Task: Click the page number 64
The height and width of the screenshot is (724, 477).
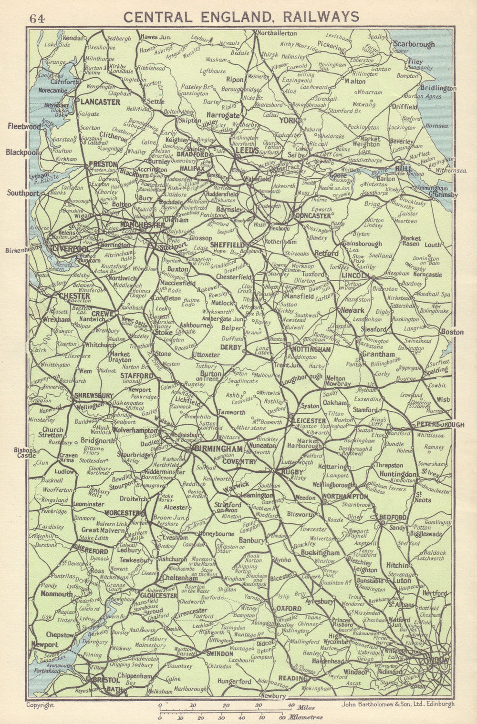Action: point(37,19)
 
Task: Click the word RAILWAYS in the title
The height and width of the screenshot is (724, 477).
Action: point(321,17)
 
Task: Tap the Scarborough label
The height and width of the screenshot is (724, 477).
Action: point(414,44)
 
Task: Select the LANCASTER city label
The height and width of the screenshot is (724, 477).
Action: point(100,102)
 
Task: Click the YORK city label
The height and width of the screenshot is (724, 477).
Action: point(288,121)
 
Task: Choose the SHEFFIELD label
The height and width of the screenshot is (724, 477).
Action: point(227,244)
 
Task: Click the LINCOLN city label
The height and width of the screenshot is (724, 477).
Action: point(355,276)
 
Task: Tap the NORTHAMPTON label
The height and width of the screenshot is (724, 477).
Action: point(346,497)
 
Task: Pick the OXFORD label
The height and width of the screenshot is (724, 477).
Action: point(289,609)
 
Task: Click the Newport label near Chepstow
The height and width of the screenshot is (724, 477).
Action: point(44,645)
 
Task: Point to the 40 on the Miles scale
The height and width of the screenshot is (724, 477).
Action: point(290,705)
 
